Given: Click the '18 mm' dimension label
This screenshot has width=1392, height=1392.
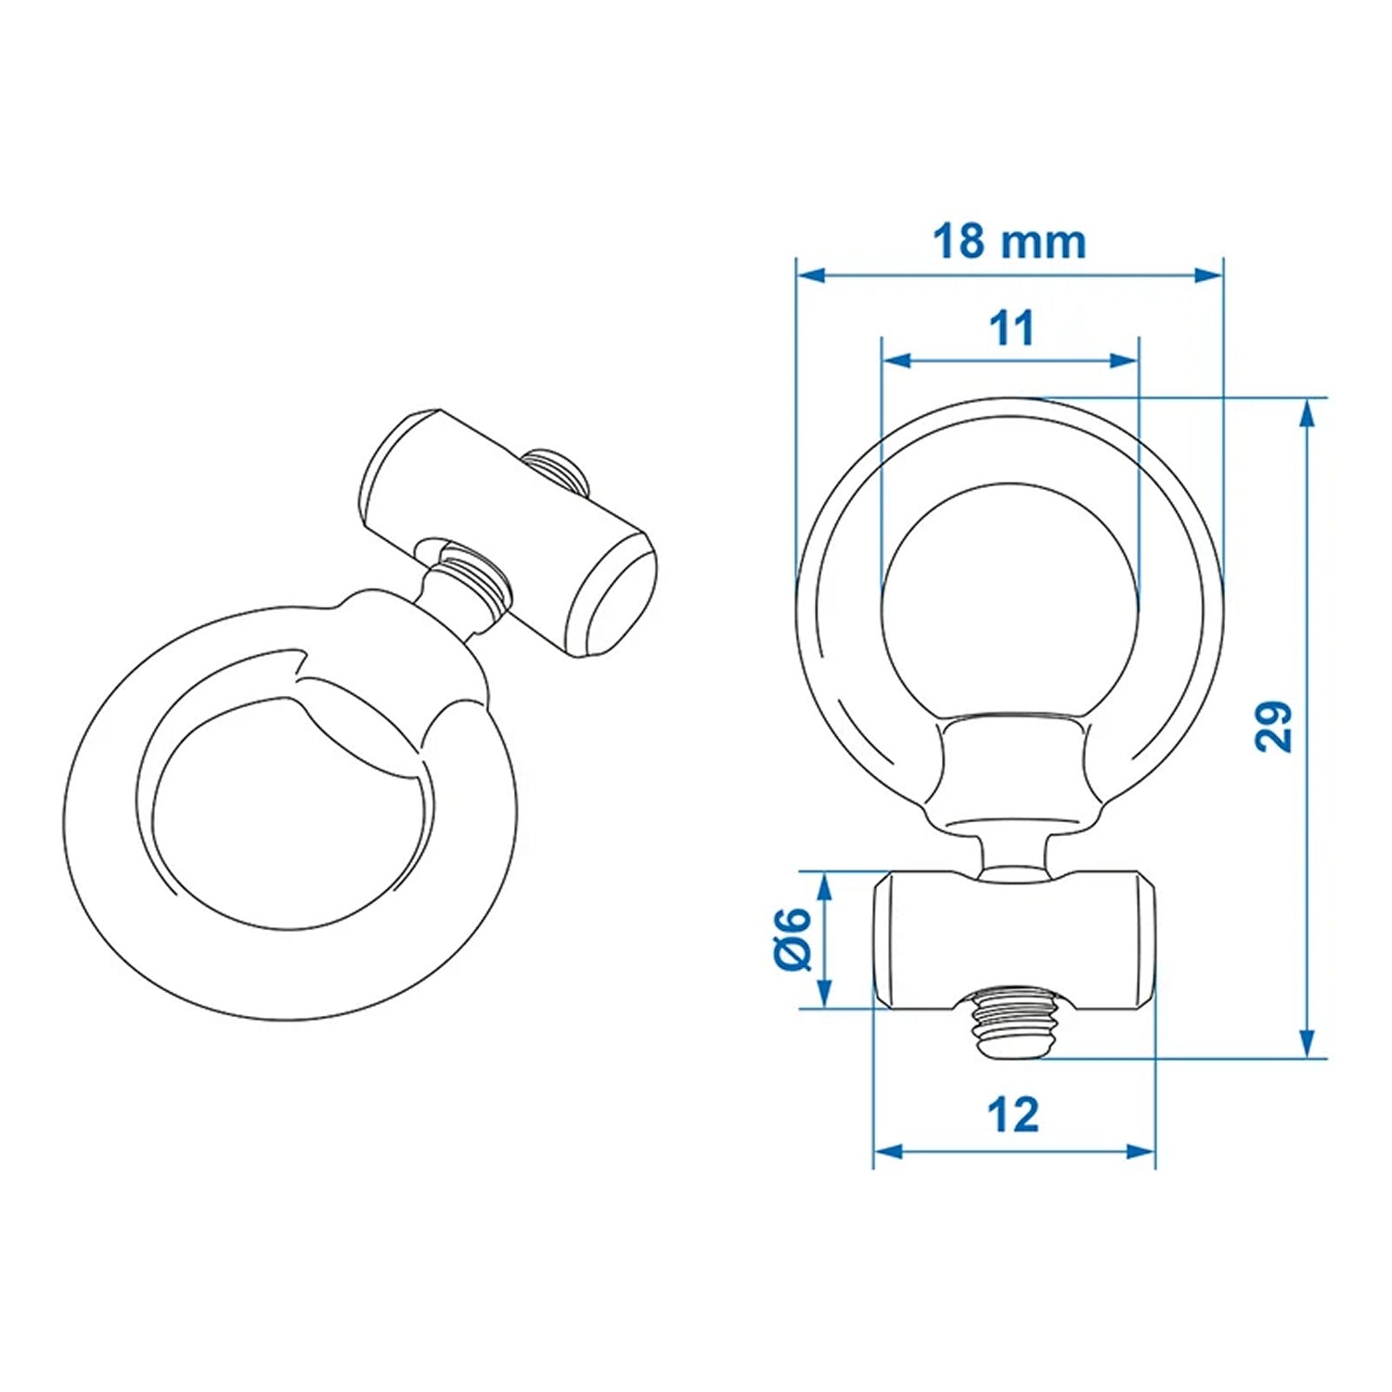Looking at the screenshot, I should (1009, 242).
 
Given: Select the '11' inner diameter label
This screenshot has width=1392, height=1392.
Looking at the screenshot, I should (1011, 329).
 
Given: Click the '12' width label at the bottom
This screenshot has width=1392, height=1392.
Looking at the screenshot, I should (1013, 1115).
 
